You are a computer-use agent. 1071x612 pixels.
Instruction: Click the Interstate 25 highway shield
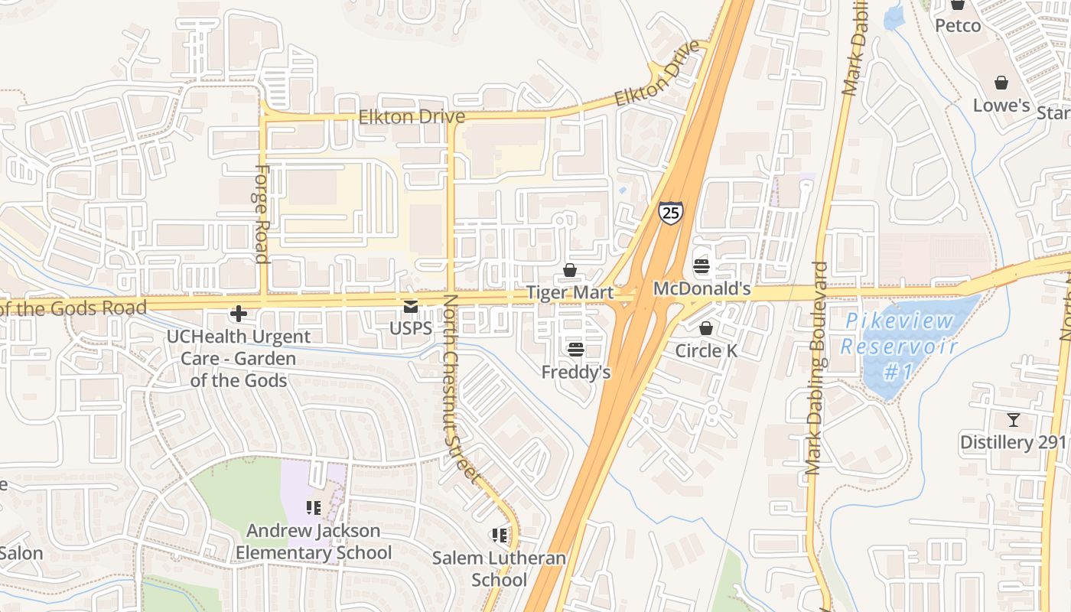click(x=670, y=213)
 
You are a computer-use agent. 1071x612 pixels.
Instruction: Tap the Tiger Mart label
click(x=570, y=292)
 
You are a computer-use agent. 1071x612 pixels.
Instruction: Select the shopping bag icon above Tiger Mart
click(x=569, y=270)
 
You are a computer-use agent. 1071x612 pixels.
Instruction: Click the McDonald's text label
click(x=702, y=290)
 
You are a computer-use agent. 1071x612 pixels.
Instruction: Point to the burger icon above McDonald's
click(x=701, y=266)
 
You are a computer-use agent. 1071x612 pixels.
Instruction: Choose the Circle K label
click(x=706, y=350)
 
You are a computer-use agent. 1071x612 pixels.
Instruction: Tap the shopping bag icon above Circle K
click(x=706, y=328)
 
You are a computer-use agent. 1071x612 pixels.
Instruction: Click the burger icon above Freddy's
click(x=576, y=350)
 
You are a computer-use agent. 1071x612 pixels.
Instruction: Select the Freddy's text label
click(x=576, y=372)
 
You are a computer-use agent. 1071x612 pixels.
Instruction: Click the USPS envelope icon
click(x=411, y=307)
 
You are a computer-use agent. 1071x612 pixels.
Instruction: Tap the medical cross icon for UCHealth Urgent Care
click(x=239, y=314)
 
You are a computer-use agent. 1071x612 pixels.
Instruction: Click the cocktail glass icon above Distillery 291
click(x=1014, y=419)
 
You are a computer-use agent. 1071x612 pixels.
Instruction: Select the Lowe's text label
click(x=1001, y=105)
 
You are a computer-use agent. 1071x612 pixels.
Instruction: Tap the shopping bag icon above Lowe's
click(x=1001, y=83)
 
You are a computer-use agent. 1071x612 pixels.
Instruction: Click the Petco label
click(x=958, y=25)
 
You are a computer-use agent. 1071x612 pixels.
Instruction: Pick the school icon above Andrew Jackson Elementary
click(x=313, y=507)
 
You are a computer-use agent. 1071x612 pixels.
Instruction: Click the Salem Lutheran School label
click(x=500, y=568)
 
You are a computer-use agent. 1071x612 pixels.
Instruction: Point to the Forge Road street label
click(x=261, y=214)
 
